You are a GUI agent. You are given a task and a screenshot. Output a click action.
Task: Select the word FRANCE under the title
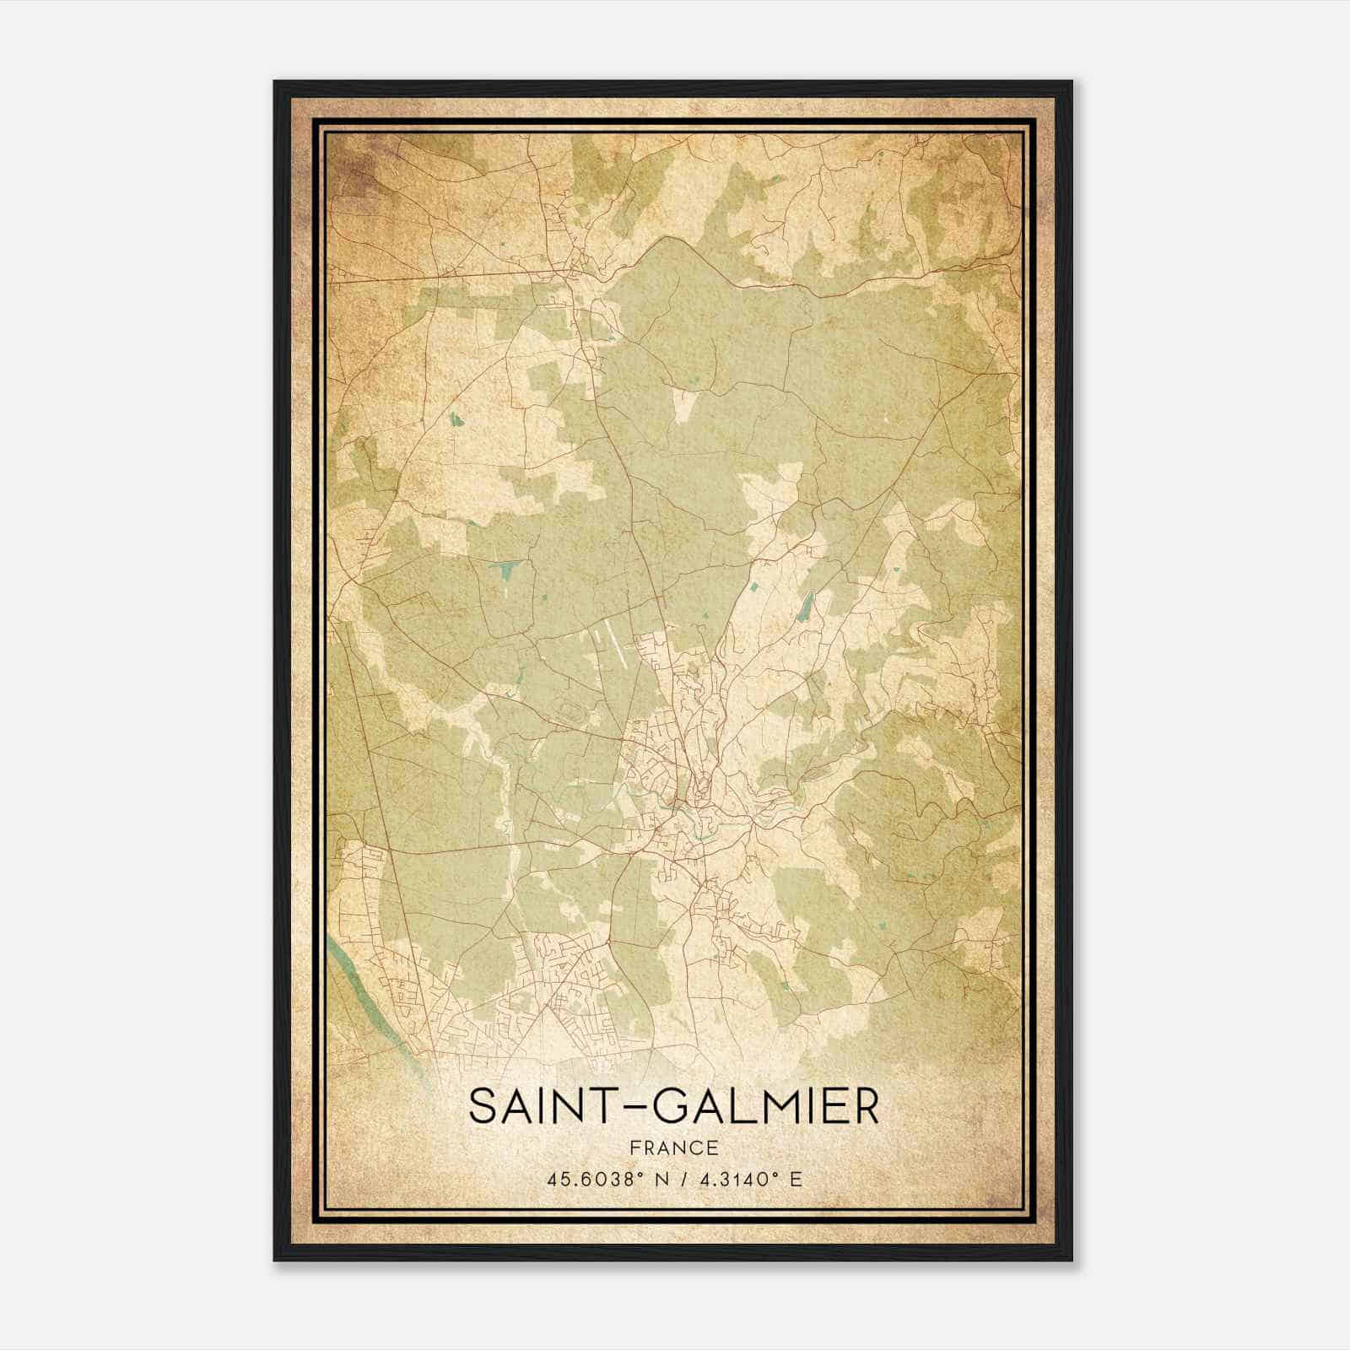(x=673, y=1148)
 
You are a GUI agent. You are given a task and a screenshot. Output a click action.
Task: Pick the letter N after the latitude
(x=661, y=1179)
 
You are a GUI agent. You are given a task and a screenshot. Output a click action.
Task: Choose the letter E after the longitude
(x=795, y=1179)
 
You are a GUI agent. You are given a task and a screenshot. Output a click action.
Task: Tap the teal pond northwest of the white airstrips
(x=510, y=571)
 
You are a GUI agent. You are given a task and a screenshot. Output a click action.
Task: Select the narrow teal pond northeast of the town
(x=806, y=604)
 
